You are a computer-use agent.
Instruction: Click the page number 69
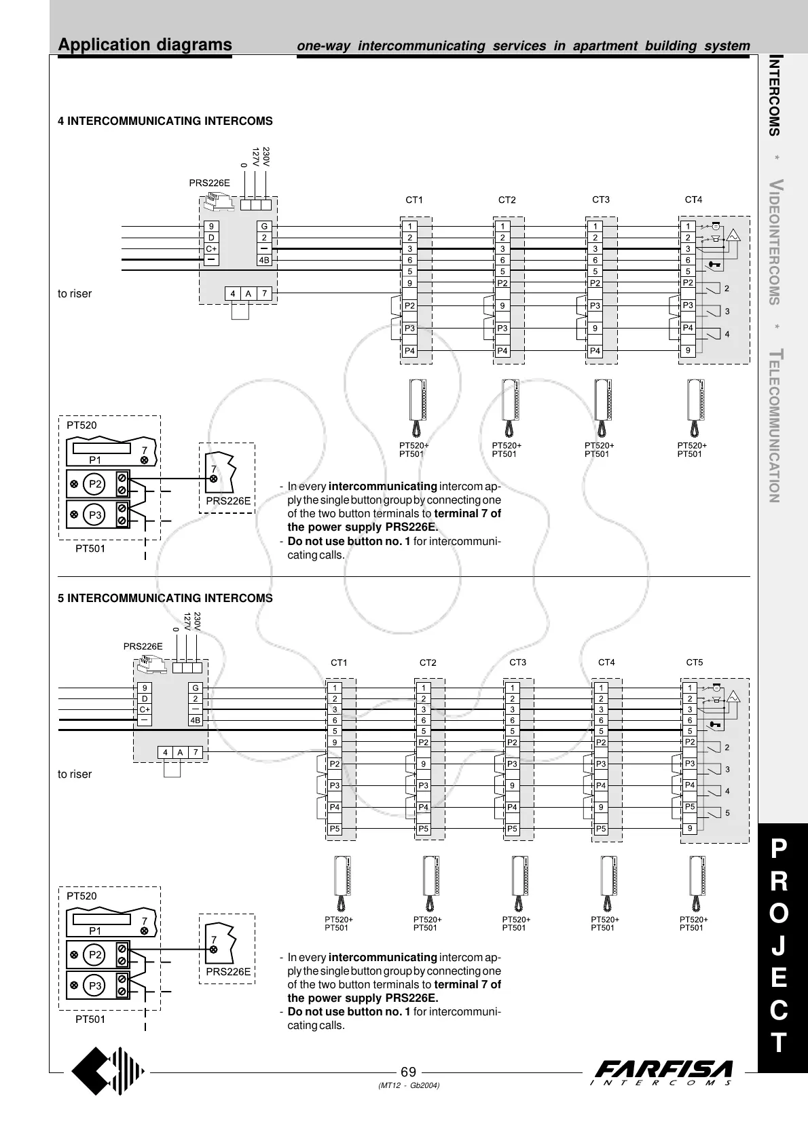click(x=408, y=1072)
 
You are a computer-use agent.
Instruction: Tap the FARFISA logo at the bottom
click(x=663, y=1072)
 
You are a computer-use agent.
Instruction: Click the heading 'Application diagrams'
click(x=145, y=45)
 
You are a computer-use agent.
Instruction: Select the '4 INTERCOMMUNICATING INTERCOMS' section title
click(x=165, y=121)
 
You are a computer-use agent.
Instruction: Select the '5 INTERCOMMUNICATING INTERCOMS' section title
click(x=165, y=598)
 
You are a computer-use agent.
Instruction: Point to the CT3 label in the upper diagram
click(x=601, y=200)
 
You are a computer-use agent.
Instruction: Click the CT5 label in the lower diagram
click(x=695, y=662)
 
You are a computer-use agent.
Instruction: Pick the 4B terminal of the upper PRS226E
click(x=264, y=260)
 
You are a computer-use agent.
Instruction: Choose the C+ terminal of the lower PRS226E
click(x=145, y=709)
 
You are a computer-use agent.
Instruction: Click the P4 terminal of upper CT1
click(x=409, y=351)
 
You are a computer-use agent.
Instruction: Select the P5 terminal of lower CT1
click(x=335, y=829)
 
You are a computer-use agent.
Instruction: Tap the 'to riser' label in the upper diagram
click(x=75, y=294)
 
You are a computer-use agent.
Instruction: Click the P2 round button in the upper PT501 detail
click(x=95, y=484)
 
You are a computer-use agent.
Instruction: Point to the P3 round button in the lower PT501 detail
click(x=95, y=986)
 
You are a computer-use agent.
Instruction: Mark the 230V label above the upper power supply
click(x=266, y=157)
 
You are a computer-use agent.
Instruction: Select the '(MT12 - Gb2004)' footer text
click(x=408, y=1086)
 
